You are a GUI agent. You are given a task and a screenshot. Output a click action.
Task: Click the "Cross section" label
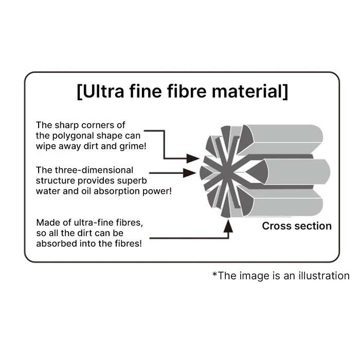[x=297, y=226]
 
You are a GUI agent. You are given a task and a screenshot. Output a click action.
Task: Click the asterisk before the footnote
[x=214, y=274]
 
